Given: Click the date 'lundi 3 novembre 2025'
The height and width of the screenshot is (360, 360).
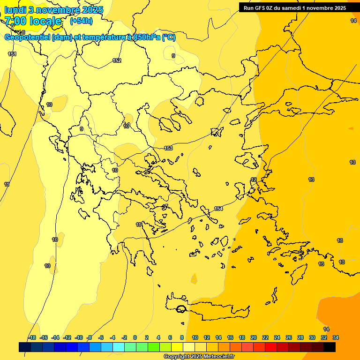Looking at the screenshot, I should (x=54, y=10).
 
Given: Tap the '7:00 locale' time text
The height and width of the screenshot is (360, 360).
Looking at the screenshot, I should (x=33, y=21).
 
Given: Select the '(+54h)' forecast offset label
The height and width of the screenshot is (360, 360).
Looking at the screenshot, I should (x=81, y=21).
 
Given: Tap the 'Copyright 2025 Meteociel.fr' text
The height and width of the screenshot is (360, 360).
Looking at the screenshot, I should (x=199, y=356).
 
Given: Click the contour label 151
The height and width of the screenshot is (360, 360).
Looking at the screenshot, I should (x=12, y=54).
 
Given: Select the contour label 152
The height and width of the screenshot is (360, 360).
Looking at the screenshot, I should (x=117, y=60).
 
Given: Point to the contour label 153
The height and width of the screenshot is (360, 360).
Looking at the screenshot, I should (x=168, y=148).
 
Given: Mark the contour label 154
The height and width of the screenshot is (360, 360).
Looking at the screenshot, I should (x=218, y=209).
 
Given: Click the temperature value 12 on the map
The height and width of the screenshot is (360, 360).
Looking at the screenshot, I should (x=254, y=180).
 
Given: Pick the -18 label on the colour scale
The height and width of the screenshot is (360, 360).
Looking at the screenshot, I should (x=32, y=337).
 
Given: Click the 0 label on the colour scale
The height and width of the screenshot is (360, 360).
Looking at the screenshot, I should (x=135, y=337).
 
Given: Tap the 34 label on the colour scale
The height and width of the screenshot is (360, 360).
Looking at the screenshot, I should (x=336, y=337).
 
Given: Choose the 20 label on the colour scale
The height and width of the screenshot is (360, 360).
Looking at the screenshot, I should (x=254, y=337).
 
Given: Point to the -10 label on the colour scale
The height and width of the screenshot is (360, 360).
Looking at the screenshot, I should (x=79, y=337).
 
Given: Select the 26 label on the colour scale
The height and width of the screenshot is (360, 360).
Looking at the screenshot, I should (x=289, y=337).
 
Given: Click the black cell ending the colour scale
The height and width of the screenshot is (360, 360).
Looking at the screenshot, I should (x=330, y=347).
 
